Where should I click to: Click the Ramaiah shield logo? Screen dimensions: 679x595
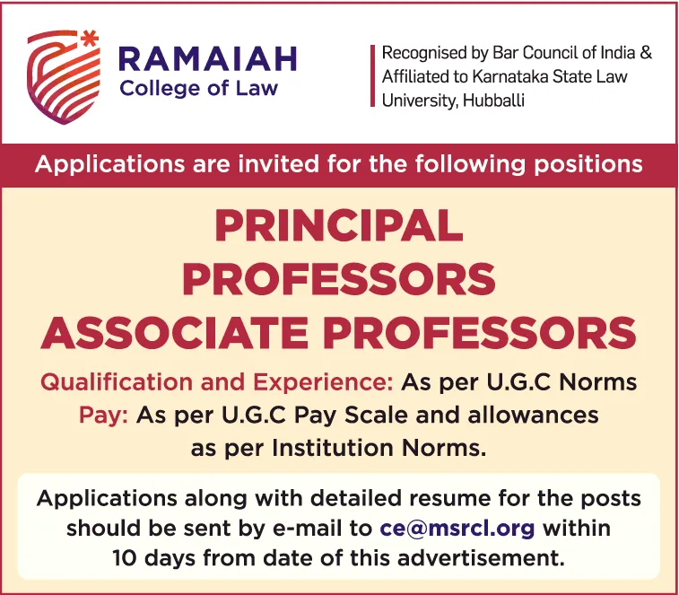point(63,77)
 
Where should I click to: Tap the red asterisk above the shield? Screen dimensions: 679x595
point(90,39)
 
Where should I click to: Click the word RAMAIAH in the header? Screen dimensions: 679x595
point(208,58)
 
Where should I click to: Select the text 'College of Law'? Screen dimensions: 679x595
point(199,89)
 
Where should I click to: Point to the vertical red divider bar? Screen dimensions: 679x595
point(372,76)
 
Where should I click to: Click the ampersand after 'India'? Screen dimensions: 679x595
point(646,52)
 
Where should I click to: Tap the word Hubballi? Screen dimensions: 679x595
point(493,101)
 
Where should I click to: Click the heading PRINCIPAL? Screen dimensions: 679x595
point(339,226)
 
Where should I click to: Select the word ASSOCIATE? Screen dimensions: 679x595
point(175,333)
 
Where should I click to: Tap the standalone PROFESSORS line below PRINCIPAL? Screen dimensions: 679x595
point(339,279)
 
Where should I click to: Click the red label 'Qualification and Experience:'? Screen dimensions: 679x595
point(216,382)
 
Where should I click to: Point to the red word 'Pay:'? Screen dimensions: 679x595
point(103,416)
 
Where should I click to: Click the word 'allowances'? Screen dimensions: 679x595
point(533,415)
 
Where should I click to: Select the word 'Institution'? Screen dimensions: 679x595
point(333,448)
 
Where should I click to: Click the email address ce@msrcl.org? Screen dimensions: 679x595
point(457,529)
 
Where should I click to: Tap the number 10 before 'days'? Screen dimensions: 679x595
point(125,558)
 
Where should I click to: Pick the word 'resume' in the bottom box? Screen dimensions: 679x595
point(449,498)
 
